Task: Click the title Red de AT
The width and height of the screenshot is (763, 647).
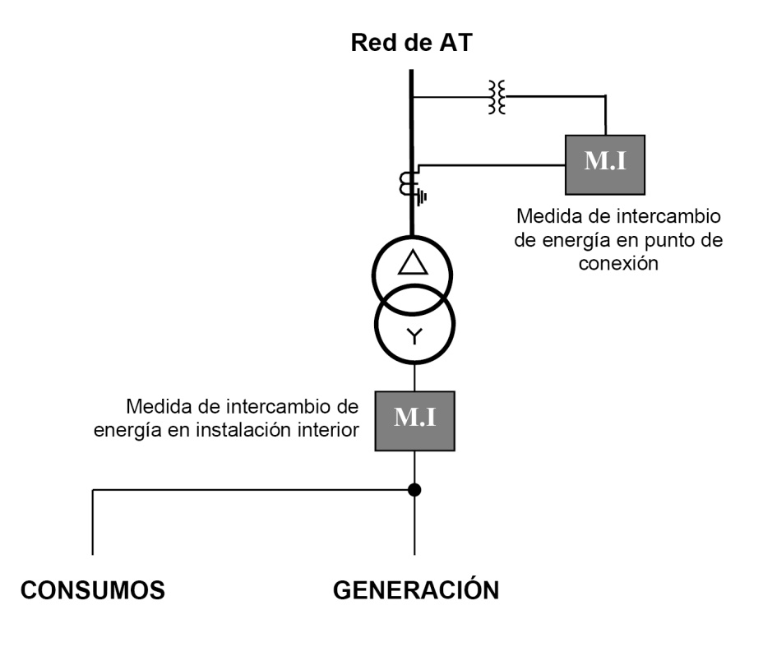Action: click(411, 43)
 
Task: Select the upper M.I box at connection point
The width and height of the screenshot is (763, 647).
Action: click(605, 162)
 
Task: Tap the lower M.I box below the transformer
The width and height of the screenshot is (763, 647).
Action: click(414, 419)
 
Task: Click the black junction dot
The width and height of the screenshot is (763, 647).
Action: click(415, 490)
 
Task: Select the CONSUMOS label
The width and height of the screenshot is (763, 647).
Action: click(93, 590)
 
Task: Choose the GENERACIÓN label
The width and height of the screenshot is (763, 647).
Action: click(415, 590)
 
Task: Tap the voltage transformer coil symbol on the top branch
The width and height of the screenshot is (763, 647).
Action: click(497, 97)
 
